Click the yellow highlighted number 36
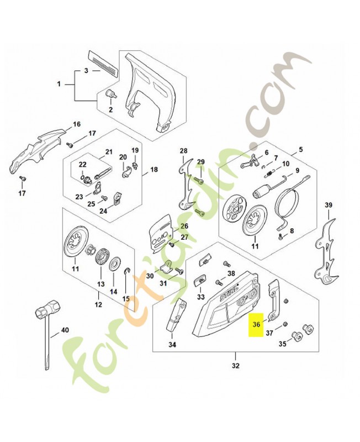coord(256,325)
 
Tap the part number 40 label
coord(65,330)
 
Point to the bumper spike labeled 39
coord(326,249)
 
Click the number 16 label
coord(77,124)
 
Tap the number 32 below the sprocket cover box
coord(236,366)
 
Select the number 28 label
coord(183,151)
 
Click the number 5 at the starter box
coord(301,150)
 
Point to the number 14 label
coord(114,291)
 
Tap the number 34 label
coord(172,345)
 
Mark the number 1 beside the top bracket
coord(59,85)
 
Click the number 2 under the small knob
coord(110,109)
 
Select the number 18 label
coord(153,170)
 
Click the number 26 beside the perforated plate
coord(184,226)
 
